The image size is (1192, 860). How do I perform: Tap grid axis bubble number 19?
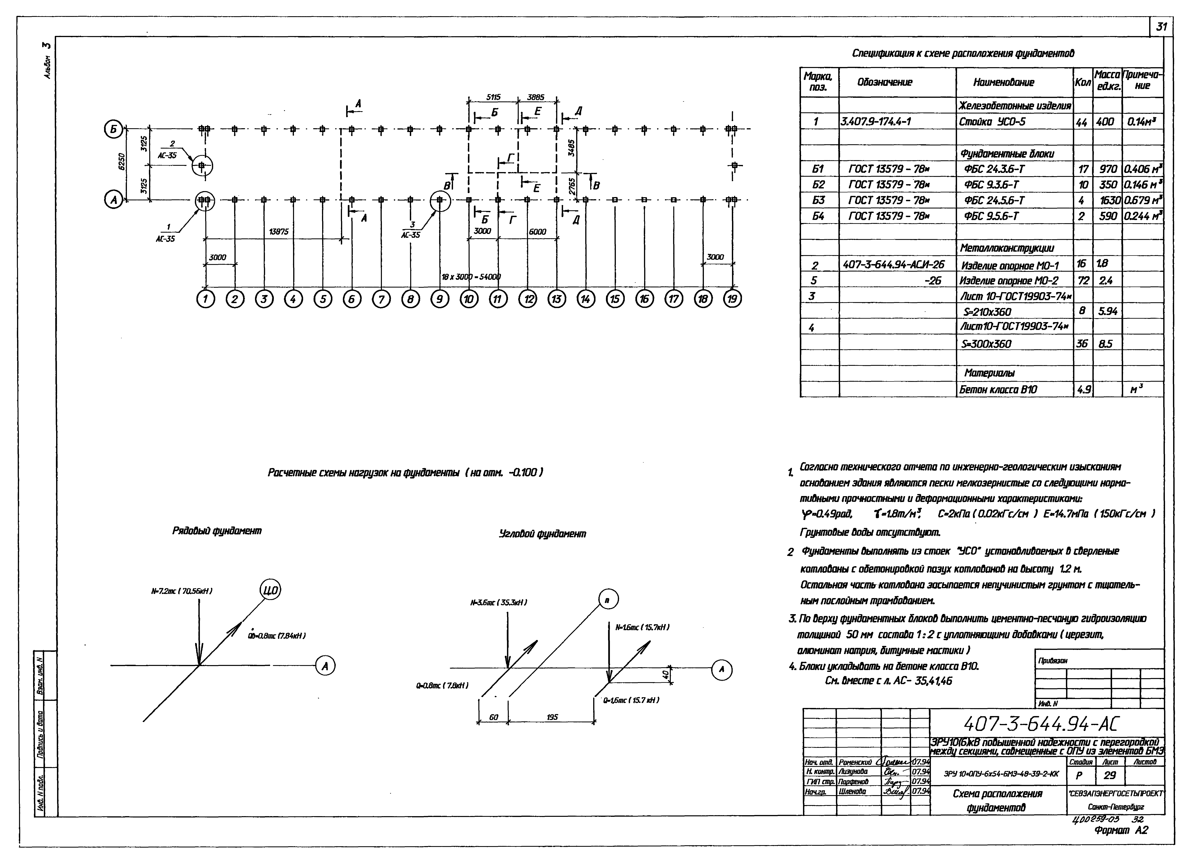732,299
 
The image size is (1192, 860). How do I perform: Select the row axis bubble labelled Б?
114,128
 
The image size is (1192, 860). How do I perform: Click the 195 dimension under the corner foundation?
552,717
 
